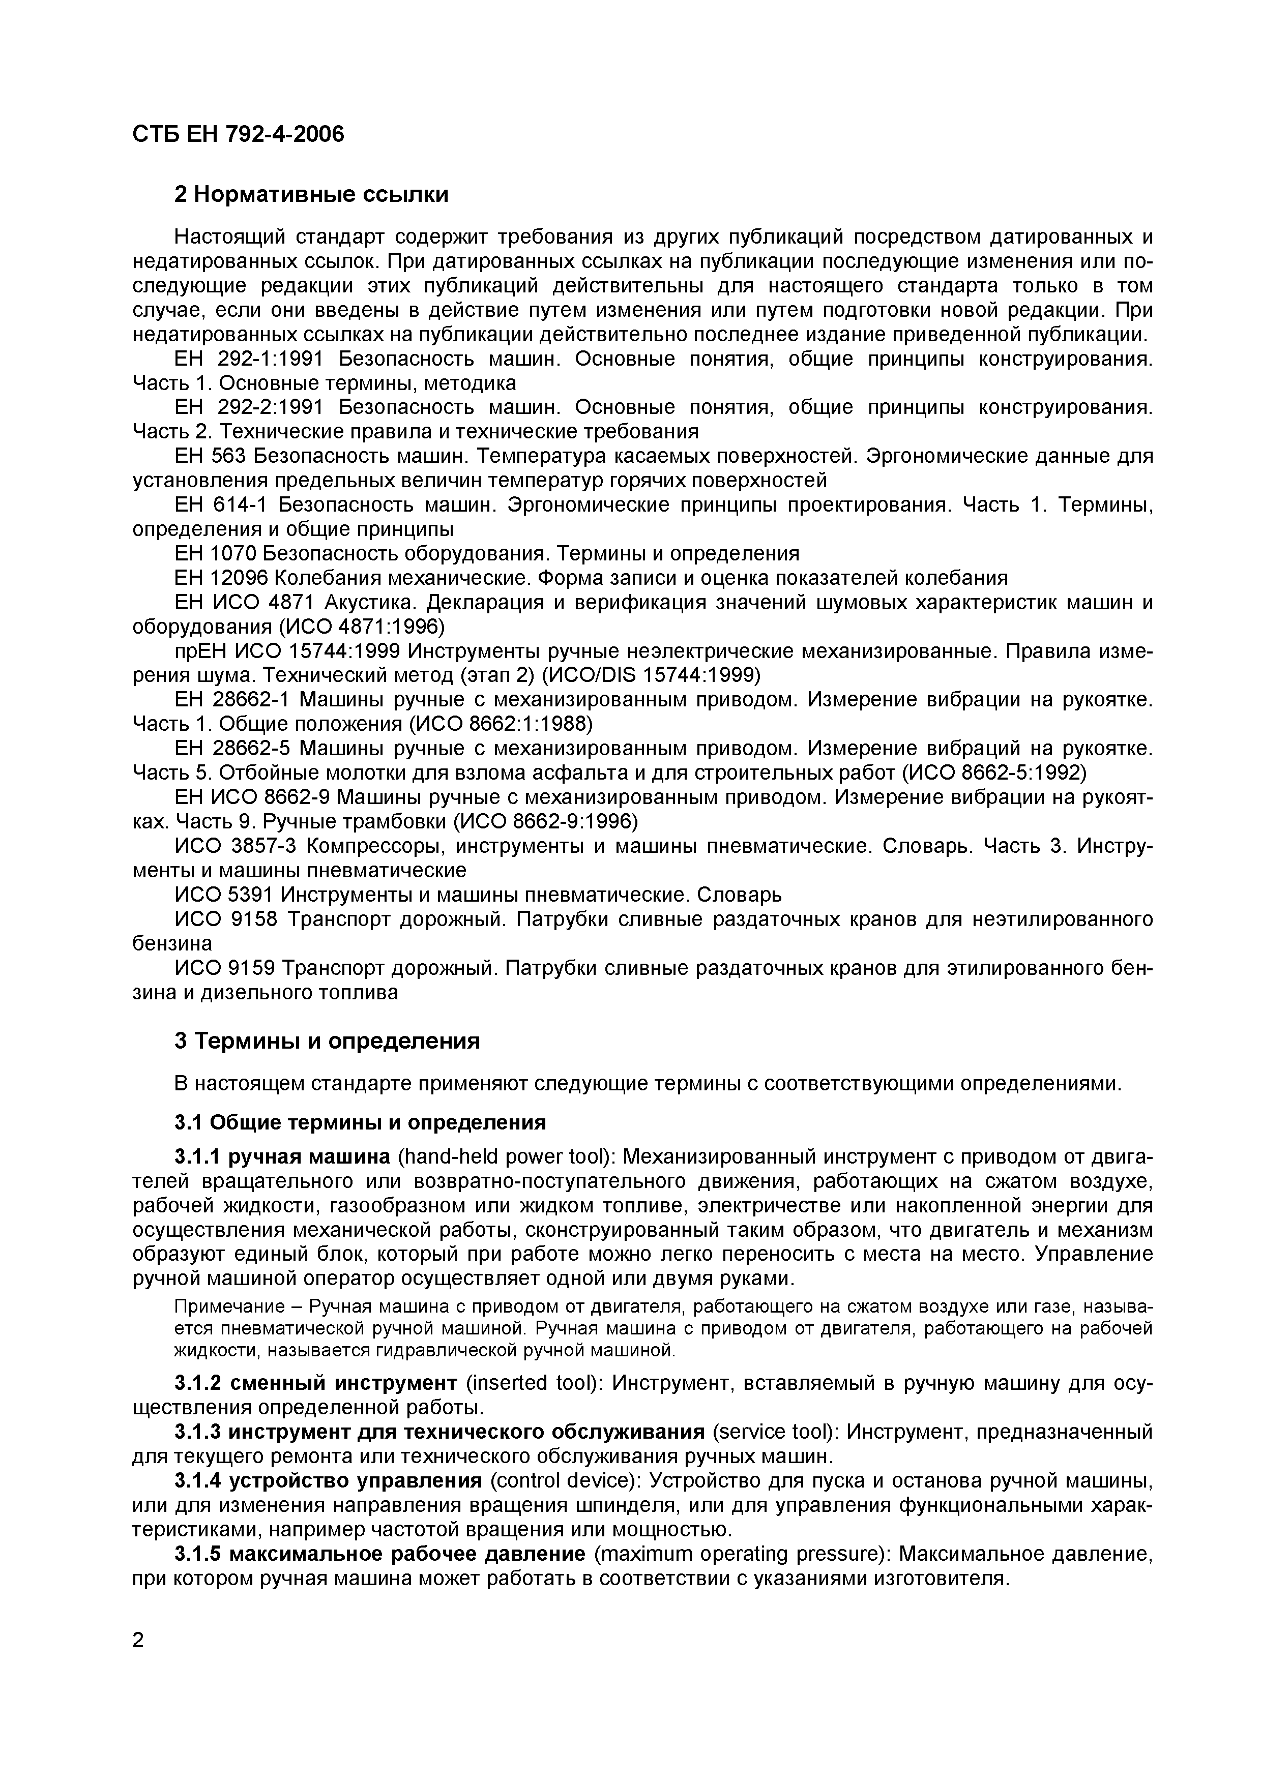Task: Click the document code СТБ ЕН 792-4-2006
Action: pyautogui.click(x=238, y=134)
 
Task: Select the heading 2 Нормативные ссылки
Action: pyautogui.click(x=311, y=194)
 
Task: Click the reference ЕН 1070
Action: pyautogui.click(x=216, y=553)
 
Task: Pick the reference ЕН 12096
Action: pyautogui.click(x=221, y=578)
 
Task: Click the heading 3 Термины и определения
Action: pyautogui.click(x=327, y=1040)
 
